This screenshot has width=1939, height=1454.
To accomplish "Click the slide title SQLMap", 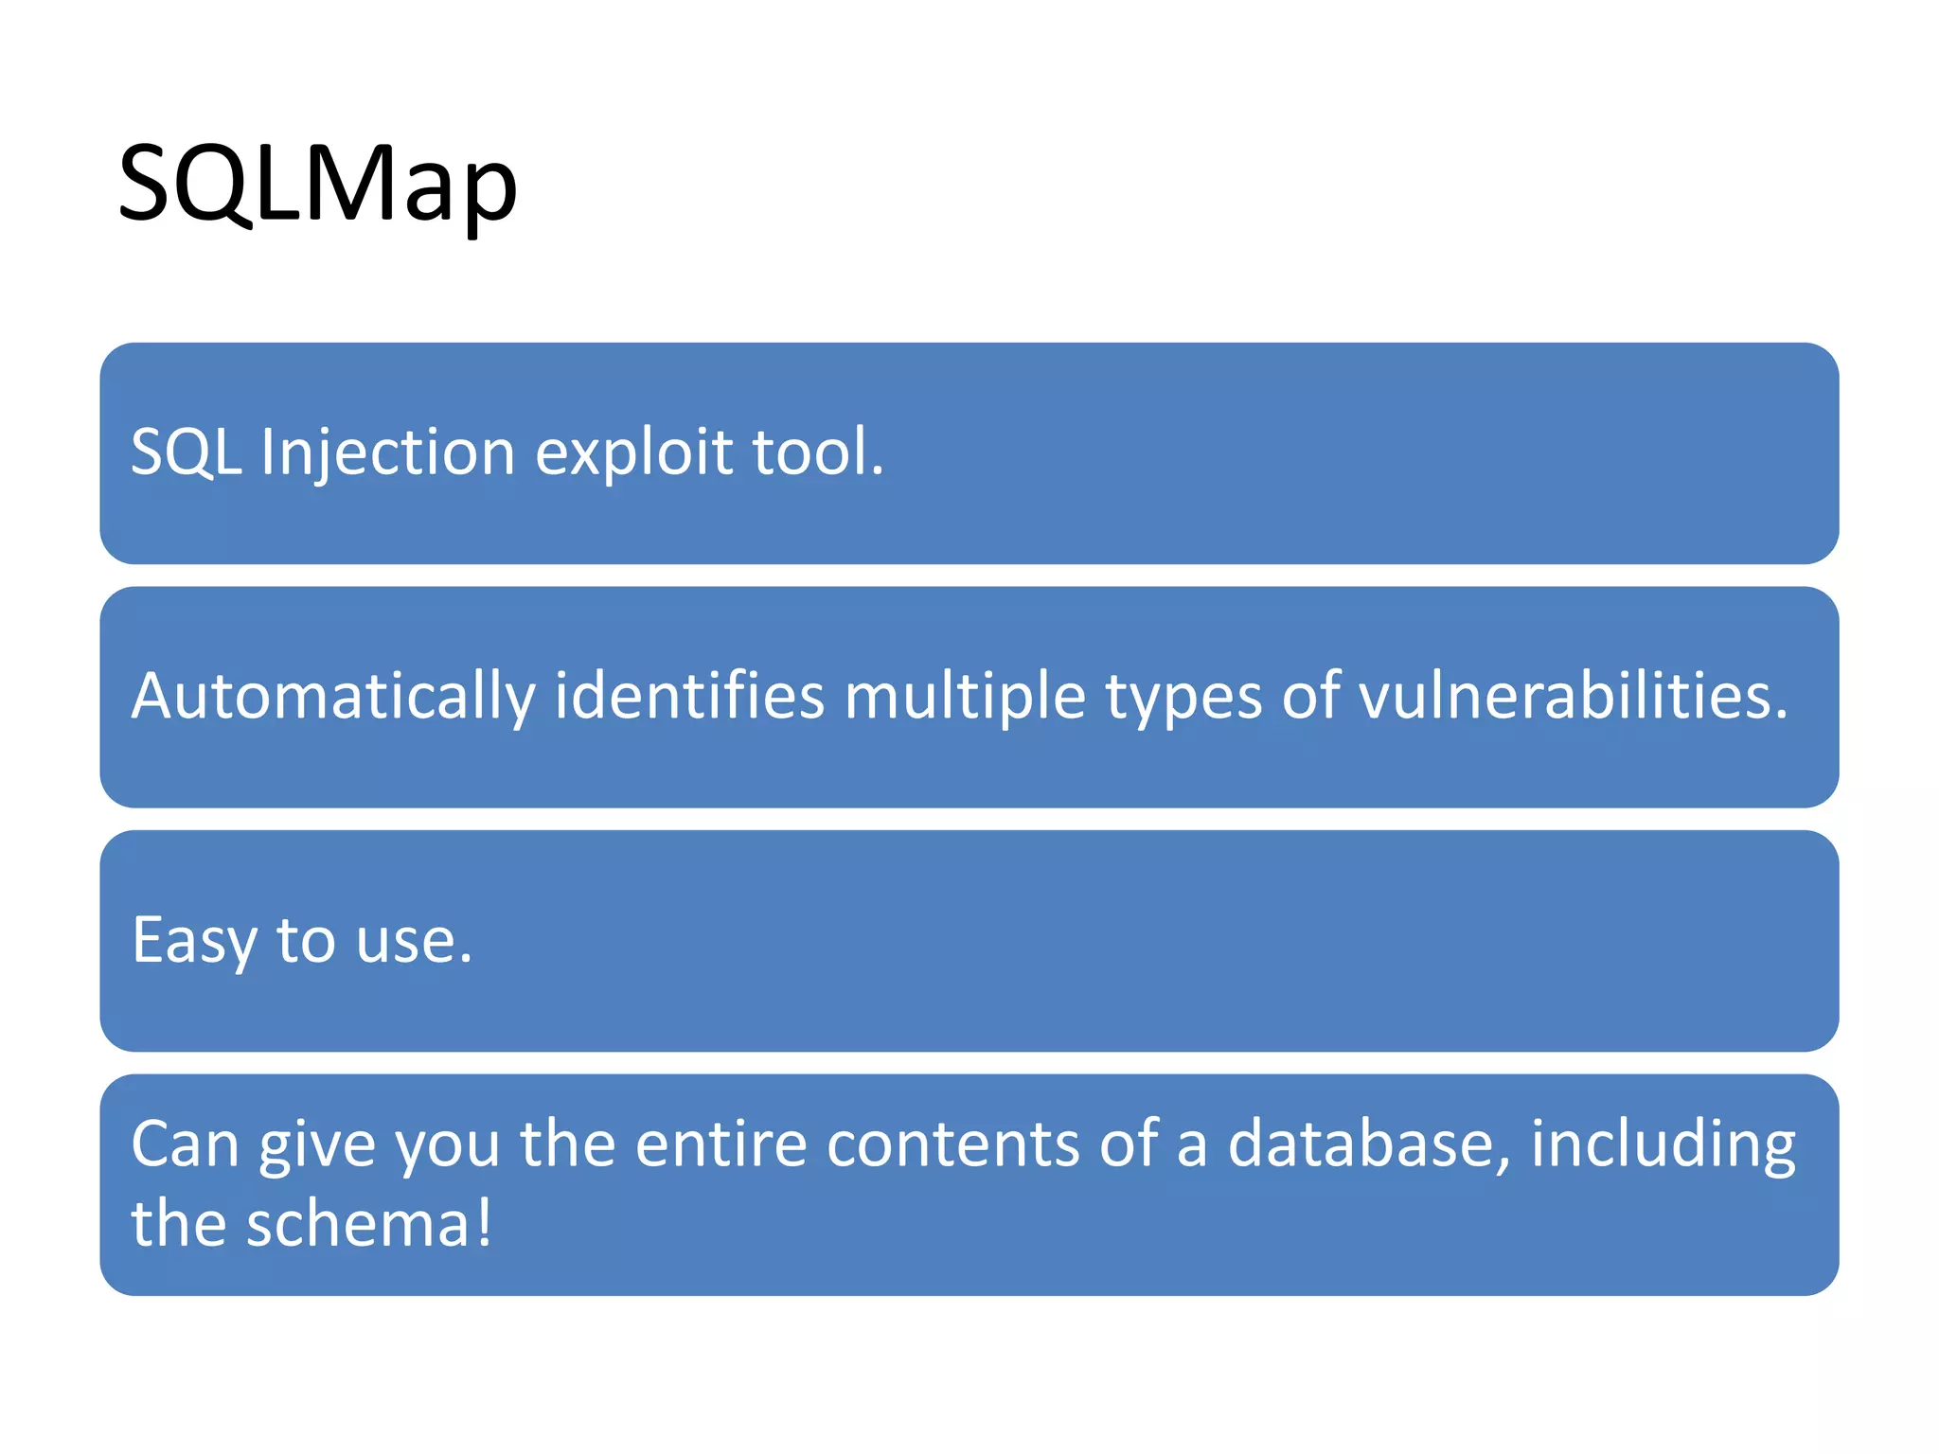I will pyautogui.click(x=317, y=184).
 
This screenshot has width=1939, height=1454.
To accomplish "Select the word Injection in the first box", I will pyautogui.click(x=388, y=452).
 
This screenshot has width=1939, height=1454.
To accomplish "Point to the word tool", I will pyautogui.click(x=816, y=452).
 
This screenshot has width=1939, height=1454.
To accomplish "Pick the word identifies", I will pyautogui.click(x=689, y=698).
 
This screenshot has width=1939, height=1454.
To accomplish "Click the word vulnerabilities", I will pyautogui.click(x=1572, y=698).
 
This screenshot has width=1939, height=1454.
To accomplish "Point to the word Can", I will pyautogui.click(x=185, y=1144).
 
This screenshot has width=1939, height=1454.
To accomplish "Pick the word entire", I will pyautogui.click(x=720, y=1144).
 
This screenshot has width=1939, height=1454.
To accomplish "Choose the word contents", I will pyautogui.click(x=952, y=1144).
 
